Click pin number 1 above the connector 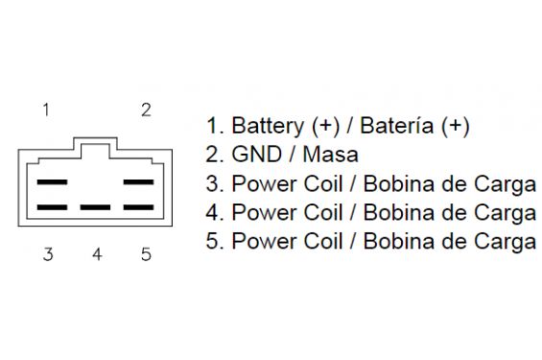tap(46, 110)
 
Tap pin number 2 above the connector tap(146, 110)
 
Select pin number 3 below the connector tap(48, 254)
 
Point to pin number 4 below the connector tap(97, 254)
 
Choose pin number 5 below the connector tap(146, 254)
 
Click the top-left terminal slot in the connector tap(52, 181)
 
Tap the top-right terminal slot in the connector tap(138, 181)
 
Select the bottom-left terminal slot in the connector tap(52, 207)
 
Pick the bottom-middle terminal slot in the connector tap(95, 207)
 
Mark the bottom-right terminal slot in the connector tap(138, 207)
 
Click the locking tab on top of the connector tap(95, 138)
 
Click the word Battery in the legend tap(268, 126)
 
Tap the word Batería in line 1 tap(397, 125)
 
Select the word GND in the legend tap(256, 155)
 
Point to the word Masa tap(330, 155)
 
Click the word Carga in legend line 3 tap(505, 184)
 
